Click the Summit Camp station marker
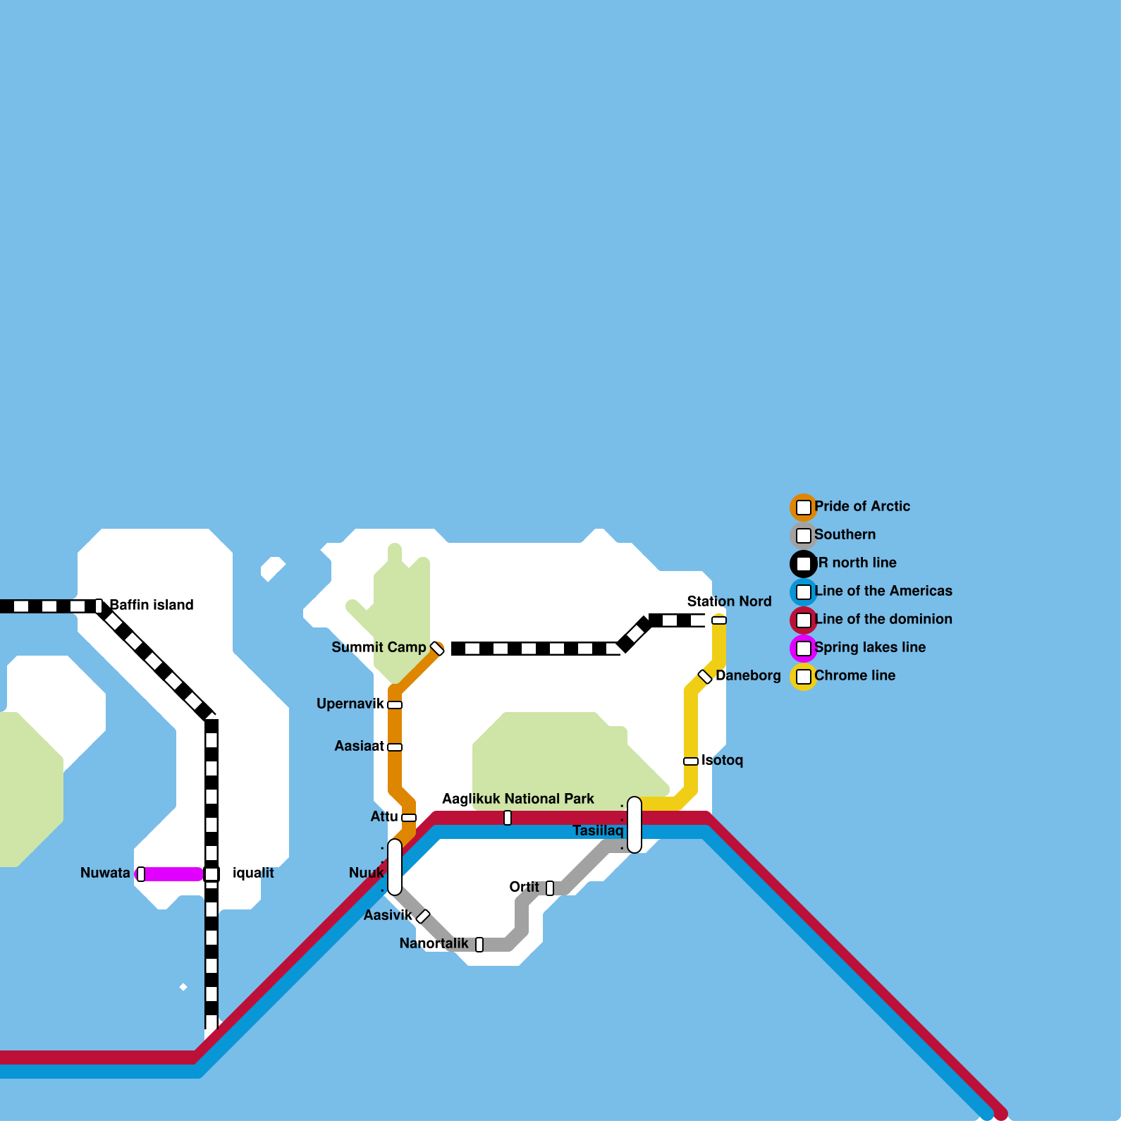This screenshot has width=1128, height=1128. pos(437,649)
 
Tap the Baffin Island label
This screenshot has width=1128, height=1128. pos(152,605)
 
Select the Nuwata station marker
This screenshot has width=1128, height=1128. pos(141,874)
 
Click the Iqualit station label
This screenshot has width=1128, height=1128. pos(253,873)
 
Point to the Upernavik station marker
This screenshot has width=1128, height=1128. pos(395,705)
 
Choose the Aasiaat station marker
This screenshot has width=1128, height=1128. pos(395,747)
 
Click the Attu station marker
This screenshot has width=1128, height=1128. pos(409,818)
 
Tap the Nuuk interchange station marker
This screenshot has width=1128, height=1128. pos(395,866)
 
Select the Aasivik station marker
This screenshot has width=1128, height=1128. pos(423,916)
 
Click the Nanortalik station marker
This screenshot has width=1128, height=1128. pos(479,945)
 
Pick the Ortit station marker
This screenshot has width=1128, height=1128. pos(550,888)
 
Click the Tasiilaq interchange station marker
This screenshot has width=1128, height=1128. pos(634,825)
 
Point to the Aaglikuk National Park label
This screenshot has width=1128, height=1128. pos(518,799)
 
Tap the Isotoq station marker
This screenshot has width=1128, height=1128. pos(691,761)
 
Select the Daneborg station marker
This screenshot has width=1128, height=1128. pos(705,677)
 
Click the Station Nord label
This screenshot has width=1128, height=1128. pos(729,601)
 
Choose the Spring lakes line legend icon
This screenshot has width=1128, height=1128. pos(804,649)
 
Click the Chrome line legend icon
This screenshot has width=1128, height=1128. pos(804,677)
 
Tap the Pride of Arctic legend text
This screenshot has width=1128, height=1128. pos(862,506)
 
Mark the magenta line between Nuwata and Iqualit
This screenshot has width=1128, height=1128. pos(173,874)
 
